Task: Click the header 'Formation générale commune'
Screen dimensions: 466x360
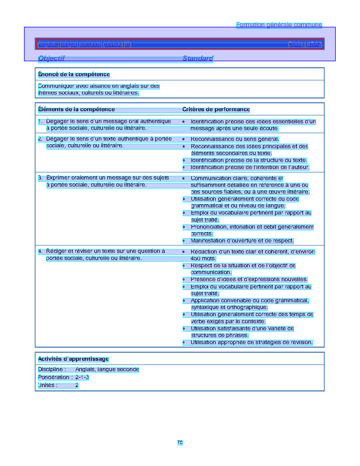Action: tap(279, 25)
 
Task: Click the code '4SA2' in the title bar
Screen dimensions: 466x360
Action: tap(314, 44)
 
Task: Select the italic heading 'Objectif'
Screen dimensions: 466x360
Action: tap(51, 58)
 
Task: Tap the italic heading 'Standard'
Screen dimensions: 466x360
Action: tap(198, 58)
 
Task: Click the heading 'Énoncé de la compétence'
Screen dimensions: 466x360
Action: tap(74, 75)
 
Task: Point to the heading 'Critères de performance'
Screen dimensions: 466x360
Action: tap(216, 110)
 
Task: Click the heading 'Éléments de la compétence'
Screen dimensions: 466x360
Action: tap(77, 110)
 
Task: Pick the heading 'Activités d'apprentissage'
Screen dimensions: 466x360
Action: tap(73, 359)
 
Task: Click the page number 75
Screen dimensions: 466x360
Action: tap(180, 443)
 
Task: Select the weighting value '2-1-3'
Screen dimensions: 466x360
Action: tap(82, 377)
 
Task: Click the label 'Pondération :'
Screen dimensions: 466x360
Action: tap(55, 377)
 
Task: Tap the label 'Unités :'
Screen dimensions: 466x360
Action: tap(48, 385)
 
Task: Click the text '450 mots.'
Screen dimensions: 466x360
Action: tap(203, 259)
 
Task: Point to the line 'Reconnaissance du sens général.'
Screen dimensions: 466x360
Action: tap(235, 139)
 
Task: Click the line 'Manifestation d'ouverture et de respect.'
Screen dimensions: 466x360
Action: tap(242, 241)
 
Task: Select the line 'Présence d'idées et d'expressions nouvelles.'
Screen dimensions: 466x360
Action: tap(249, 279)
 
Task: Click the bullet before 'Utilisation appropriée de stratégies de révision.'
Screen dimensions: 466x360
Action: tap(184, 343)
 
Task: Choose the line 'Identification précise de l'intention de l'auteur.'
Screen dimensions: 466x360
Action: tap(250, 167)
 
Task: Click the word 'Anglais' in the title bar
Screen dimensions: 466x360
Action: tap(48, 44)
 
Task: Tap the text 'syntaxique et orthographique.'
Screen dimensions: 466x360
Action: tap(229, 307)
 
